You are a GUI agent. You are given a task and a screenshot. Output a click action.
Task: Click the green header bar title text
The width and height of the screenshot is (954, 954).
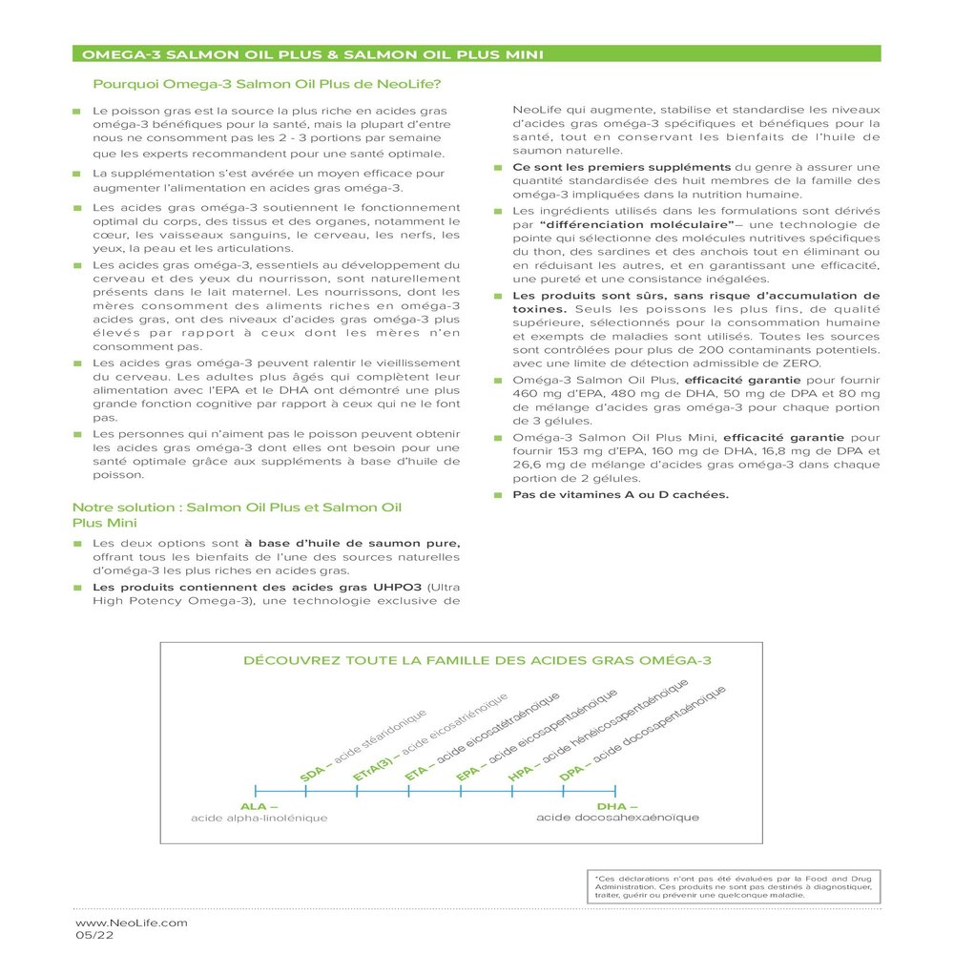tap(314, 54)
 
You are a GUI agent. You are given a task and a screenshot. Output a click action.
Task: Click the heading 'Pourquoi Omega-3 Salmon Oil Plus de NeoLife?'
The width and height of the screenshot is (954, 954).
tap(266, 84)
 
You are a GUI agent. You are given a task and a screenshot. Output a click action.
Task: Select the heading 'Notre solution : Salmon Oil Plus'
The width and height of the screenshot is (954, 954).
tap(237, 508)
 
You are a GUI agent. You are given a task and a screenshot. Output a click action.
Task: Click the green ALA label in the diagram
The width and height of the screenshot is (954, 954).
tap(253, 806)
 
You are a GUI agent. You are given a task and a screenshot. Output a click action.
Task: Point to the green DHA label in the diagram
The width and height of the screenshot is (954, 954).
tap(614, 806)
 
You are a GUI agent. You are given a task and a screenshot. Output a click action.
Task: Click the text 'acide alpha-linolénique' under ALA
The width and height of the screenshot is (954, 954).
tap(259, 819)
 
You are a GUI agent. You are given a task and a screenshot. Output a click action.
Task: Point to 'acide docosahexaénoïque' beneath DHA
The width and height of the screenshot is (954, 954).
tap(617, 819)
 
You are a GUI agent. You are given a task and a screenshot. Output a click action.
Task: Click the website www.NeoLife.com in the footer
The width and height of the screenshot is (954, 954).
tap(132, 923)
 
